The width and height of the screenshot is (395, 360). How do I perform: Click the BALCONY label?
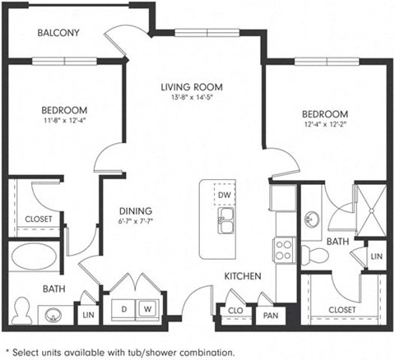[59, 33]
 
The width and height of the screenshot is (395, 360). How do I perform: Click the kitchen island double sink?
[225, 219]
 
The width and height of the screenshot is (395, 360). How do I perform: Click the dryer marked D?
[124, 308]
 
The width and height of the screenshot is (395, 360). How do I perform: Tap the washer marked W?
[148, 308]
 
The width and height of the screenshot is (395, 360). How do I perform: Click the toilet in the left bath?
[25, 308]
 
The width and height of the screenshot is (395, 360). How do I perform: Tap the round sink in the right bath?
[312, 219]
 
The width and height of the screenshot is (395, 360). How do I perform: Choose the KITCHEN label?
[243, 276]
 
